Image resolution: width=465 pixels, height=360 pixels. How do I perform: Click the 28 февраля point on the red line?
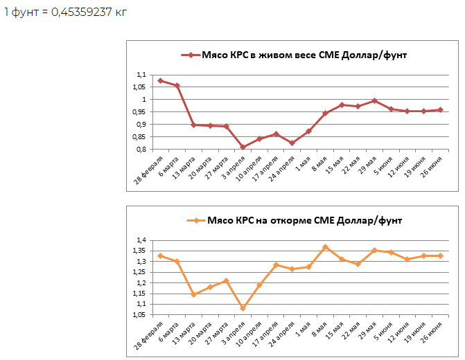pyautogui.click(x=160, y=80)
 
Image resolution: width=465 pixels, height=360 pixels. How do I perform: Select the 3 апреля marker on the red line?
pyautogui.click(x=243, y=147)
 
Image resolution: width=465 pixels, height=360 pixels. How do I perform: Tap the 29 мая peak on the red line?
pyautogui.click(x=375, y=100)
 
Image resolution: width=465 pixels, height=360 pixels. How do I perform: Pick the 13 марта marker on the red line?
pyautogui.click(x=193, y=125)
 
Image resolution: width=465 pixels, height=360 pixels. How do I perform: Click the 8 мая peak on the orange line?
pyautogui.click(x=325, y=246)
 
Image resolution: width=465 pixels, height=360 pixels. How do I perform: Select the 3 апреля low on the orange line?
pyautogui.click(x=243, y=307)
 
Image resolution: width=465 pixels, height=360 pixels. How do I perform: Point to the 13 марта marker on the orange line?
pyautogui.click(x=193, y=294)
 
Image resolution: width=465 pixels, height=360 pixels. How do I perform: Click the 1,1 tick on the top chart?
pyautogui.click(x=141, y=75)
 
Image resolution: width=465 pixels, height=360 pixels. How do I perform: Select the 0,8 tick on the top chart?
pyautogui.click(x=141, y=150)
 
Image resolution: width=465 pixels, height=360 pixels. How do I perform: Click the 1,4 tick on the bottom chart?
pyautogui.click(x=141, y=240)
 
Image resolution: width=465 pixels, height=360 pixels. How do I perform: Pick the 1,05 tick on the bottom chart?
pyautogui.click(x=140, y=314)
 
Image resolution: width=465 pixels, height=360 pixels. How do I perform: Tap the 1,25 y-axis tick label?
pyautogui.click(x=140, y=272)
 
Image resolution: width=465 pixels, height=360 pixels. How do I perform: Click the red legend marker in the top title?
pyautogui.click(x=186, y=55)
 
